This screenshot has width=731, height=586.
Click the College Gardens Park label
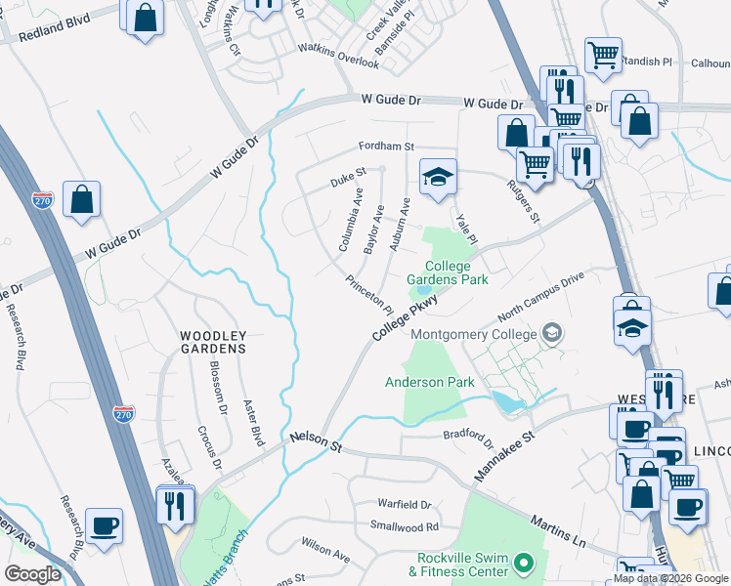click(454, 272)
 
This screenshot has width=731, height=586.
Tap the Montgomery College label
click(475, 335)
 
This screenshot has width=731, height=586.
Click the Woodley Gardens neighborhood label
click(212, 341)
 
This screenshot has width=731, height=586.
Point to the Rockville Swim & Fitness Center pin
click(524, 563)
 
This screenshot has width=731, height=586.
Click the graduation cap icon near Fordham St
click(439, 176)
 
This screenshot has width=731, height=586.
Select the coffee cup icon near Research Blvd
click(104, 525)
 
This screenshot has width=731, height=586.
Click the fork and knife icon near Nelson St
click(176, 504)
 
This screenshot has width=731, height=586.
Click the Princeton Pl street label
click(368, 294)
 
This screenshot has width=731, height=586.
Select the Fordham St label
click(386, 146)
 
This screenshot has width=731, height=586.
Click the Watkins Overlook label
click(338, 55)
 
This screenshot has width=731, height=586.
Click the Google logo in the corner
click(32, 573)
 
